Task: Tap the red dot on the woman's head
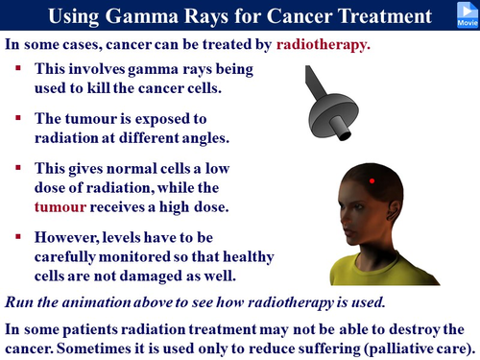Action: (371, 180)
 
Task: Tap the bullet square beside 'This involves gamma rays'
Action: (20, 70)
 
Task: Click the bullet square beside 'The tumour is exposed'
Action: (20, 117)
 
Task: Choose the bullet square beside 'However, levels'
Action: (20, 235)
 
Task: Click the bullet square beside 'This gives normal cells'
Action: (20, 168)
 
